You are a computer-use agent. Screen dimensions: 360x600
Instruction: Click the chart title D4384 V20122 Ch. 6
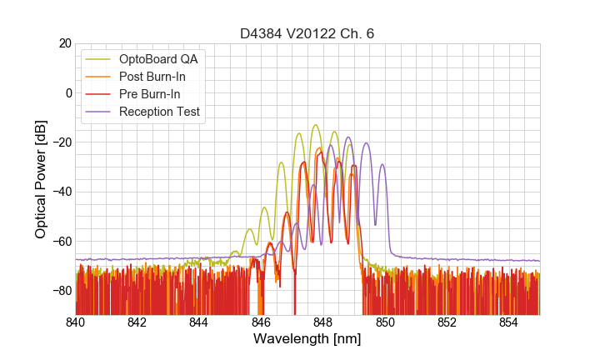[x=307, y=33]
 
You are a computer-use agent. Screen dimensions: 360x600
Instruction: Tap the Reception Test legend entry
[x=159, y=112]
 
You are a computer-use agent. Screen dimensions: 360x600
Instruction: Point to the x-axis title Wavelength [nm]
[x=307, y=340]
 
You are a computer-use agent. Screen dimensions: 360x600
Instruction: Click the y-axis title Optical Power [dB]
[x=41, y=179]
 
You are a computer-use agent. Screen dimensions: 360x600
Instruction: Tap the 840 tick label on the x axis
[x=76, y=322]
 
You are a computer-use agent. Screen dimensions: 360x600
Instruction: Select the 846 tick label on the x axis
[x=261, y=322]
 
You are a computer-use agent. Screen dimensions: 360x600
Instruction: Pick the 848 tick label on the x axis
[x=322, y=322]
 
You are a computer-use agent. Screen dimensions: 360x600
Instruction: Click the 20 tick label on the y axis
[x=64, y=43]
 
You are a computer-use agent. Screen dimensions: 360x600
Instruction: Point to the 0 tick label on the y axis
[x=68, y=92]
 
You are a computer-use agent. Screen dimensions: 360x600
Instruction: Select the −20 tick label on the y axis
[x=61, y=142]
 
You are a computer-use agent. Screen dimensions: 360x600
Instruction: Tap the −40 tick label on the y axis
[x=61, y=192]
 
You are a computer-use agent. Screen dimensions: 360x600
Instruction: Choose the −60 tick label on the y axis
[x=61, y=241]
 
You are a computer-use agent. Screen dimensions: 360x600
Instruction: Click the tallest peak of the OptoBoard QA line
[x=316, y=125]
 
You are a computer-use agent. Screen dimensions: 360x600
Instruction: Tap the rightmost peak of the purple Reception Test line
[x=382, y=164]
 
